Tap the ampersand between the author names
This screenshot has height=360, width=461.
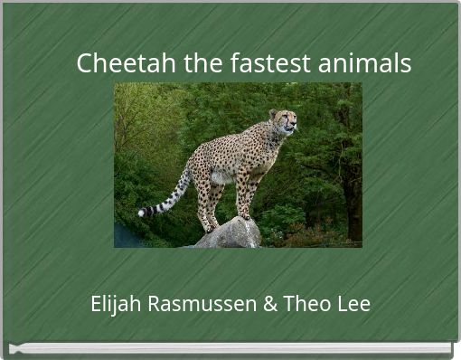pos(269,304)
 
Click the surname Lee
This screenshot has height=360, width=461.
pos(353,304)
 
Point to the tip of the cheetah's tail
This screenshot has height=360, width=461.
pos(142,213)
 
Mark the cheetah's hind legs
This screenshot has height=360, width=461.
pos(206,199)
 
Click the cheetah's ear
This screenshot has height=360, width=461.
pos(273,113)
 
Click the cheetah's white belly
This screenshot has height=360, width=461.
pos(222,176)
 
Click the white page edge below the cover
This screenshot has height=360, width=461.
pos(230,347)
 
